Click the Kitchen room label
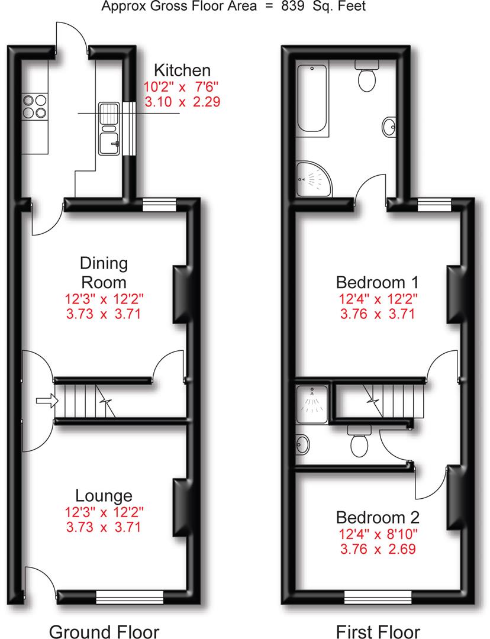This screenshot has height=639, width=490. tap(182, 70)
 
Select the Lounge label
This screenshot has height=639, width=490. tap(104, 496)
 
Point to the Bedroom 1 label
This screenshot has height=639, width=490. tap(377, 282)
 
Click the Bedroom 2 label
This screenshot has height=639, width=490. tap(378, 517)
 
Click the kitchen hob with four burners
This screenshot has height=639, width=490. tap(35, 106)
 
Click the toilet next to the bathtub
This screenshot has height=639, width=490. tap(367, 75)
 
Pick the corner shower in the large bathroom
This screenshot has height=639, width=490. tap(314, 179)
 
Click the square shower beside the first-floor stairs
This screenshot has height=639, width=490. tap(312, 404)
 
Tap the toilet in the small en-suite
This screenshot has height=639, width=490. tap(359, 441)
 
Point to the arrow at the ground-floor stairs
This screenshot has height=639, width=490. tap(47, 401)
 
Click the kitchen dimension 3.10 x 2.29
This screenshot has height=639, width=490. tap(182, 102)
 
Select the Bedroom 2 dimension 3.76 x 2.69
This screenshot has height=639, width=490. tap(378, 548)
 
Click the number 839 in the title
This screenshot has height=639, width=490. tap(292, 6)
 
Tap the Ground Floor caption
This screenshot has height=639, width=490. tap(104, 631)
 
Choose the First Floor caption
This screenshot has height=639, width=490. tap(378, 631)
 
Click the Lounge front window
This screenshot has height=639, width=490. tap(130, 598)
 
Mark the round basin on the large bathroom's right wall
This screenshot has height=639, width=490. tap(389, 127)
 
